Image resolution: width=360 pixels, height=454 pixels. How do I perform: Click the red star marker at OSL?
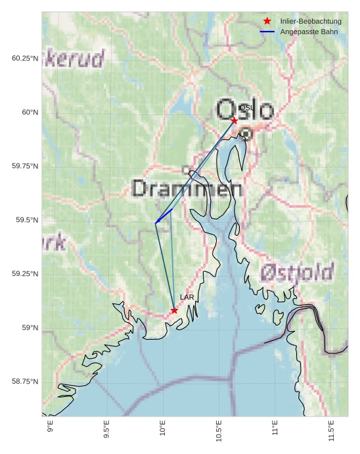tap(234, 120)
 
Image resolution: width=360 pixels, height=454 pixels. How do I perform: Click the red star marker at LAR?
tap(174, 310)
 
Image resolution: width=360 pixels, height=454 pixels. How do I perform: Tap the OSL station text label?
tap(246, 108)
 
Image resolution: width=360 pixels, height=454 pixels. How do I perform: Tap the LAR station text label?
tap(187, 298)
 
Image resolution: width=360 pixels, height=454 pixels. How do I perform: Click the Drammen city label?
tap(187, 189)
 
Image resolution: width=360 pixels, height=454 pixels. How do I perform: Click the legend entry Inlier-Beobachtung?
tap(310, 21)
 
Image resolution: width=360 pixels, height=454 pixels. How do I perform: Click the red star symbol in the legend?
tap(267, 21)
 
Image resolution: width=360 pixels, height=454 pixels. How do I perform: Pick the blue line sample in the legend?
tap(267, 32)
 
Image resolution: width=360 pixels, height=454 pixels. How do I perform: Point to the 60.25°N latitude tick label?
tap(25, 58)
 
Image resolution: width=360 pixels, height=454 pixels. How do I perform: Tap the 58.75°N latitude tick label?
tap(25, 382)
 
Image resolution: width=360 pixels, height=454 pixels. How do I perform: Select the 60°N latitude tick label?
tap(30, 112)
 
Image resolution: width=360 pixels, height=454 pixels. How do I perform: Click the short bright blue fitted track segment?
tap(164, 216)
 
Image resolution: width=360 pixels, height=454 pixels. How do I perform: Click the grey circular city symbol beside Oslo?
tap(246, 133)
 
